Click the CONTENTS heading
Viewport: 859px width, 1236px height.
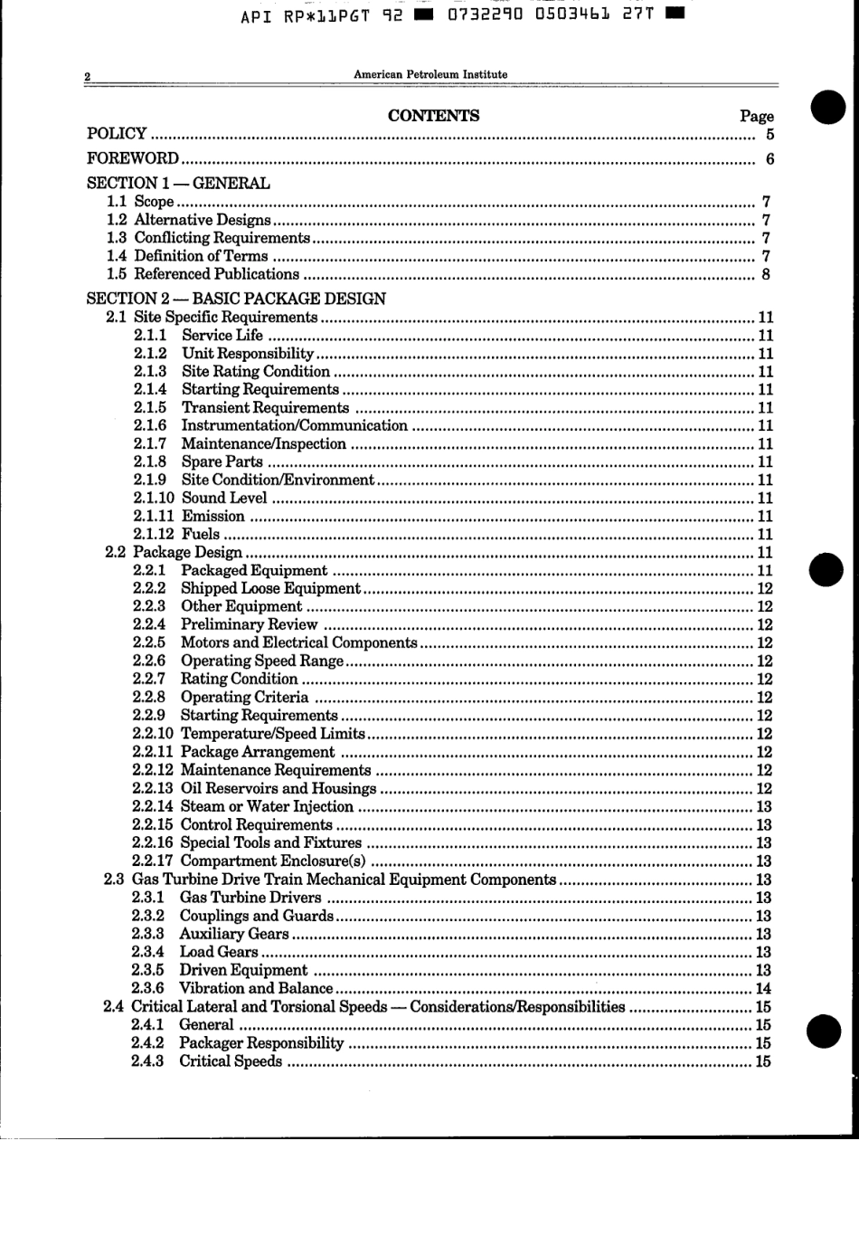tap(433, 116)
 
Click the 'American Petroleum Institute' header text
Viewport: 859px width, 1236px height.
tap(430, 74)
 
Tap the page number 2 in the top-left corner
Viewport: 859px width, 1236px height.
tap(88, 77)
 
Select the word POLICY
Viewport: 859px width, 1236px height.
tap(117, 134)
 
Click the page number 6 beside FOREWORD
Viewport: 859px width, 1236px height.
tap(769, 159)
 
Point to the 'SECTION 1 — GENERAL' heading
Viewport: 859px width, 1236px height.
tap(178, 183)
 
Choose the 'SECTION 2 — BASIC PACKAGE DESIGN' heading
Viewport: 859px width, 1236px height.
tap(236, 299)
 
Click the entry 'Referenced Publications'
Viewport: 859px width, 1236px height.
tap(216, 274)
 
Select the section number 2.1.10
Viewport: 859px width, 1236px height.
tap(154, 498)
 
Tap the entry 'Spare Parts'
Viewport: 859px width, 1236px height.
tap(222, 461)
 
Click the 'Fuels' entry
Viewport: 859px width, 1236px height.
tap(201, 534)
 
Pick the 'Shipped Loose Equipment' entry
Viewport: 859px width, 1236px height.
tap(270, 588)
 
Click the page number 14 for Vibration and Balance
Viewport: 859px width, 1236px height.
tap(763, 989)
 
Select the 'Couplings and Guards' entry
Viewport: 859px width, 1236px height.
tap(256, 916)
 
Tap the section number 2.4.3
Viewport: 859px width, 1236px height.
tap(147, 1061)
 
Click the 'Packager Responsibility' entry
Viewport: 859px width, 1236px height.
tap(261, 1043)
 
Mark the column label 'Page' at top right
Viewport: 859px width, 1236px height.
tap(756, 116)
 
